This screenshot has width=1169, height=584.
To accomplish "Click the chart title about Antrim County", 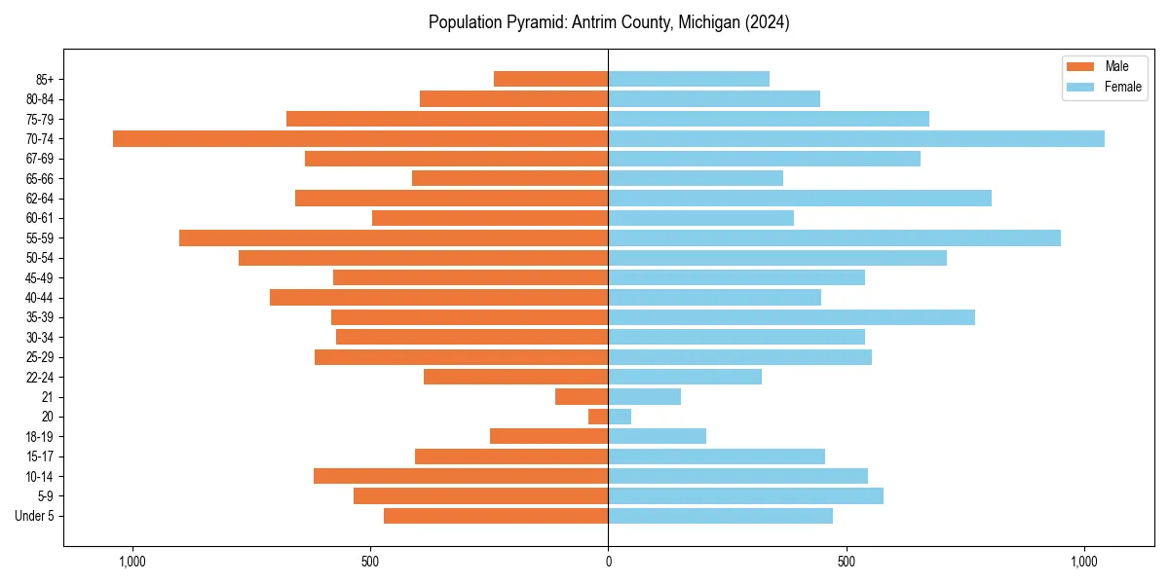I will pos(609,22).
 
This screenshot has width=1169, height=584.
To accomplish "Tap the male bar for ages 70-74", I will pos(360,138).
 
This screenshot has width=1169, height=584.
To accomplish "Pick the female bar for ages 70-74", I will pos(856,138).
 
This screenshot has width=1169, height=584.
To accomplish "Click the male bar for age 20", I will pos(598,417).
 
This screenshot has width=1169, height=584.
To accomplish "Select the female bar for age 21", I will pos(645,397).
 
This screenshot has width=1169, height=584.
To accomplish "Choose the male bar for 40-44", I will pos(439,297).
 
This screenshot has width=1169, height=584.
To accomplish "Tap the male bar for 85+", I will pos(551,79).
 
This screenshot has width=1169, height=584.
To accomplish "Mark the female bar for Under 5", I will pos(721,516).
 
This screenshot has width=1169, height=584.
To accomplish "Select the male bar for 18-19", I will pos(549,436).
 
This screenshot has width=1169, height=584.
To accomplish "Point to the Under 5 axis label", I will pos(34,516).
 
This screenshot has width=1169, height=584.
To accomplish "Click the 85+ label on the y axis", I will pos(45,79).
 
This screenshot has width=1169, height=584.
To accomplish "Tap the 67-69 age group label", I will pos(40,159).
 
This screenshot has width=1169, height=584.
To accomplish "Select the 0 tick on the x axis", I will pos(609,561).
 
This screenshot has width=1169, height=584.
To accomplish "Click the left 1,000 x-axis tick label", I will pos(132,561).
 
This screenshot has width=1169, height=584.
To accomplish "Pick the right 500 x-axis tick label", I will pos(847,561).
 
